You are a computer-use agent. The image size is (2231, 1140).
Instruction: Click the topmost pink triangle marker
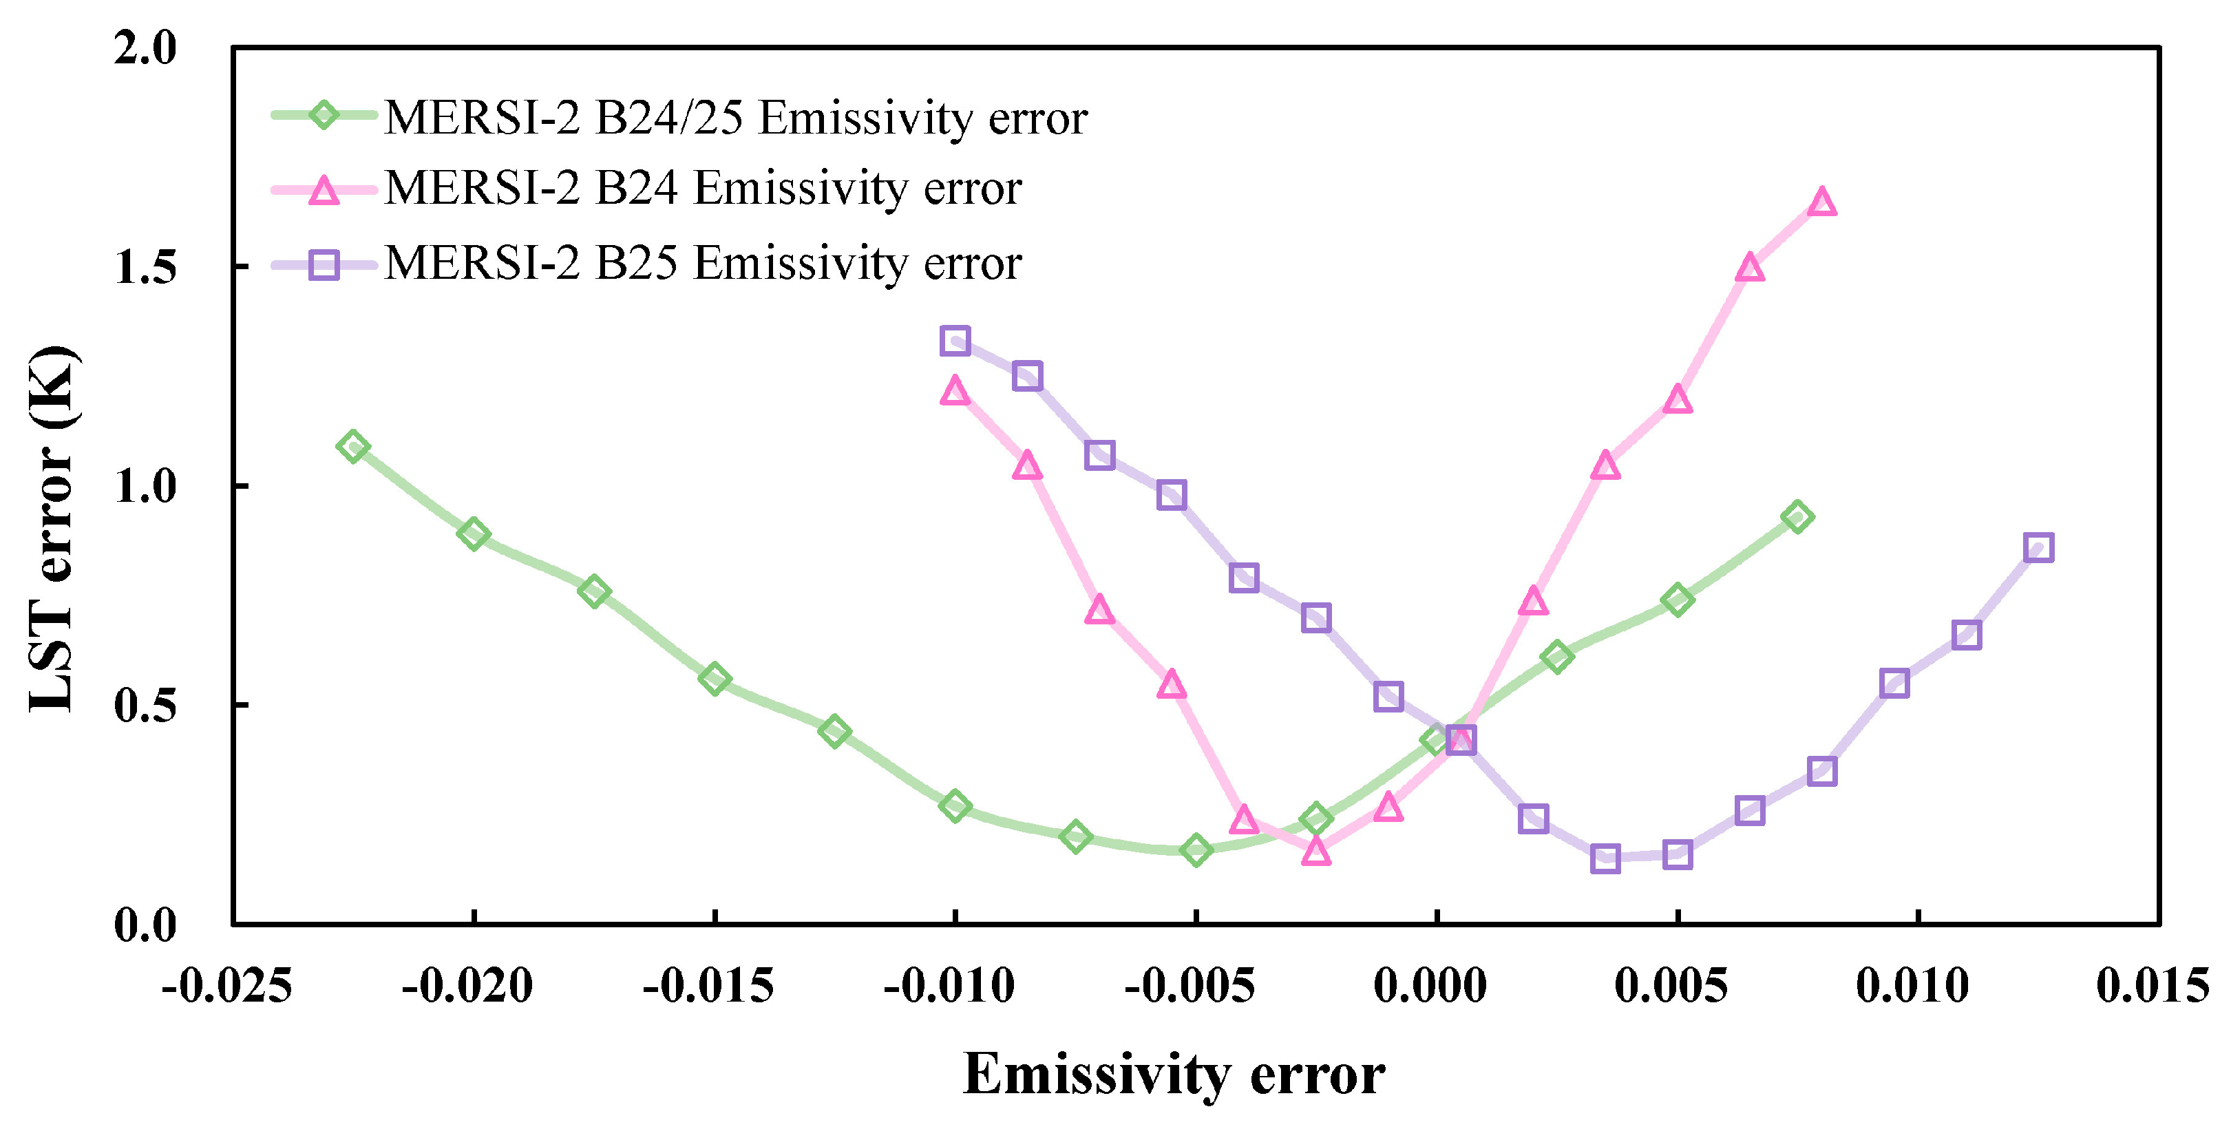tap(1822, 202)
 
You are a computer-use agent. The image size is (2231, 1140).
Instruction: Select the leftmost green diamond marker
tap(352, 447)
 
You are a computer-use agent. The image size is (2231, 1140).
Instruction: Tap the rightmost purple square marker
tap(2039, 547)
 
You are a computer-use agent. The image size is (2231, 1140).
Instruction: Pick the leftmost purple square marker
tap(954, 341)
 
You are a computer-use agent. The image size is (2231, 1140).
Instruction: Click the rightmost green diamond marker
tap(1798, 517)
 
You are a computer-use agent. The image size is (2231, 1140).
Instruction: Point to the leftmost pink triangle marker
tap(954, 392)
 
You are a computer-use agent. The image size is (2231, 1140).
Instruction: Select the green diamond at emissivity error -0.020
tap(473, 534)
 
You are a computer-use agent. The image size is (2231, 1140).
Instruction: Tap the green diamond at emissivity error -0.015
tap(715, 679)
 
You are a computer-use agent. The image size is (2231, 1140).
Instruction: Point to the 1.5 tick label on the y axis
tap(145, 267)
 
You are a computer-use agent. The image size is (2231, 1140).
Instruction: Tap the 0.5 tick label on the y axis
tap(145, 705)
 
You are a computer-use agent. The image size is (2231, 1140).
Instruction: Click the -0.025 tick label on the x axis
tap(227, 986)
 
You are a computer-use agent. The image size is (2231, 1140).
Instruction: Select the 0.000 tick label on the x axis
tap(1430, 986)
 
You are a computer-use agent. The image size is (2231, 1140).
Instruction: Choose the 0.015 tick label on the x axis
tap(2153, 986)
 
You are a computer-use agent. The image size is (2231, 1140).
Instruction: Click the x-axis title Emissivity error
tap(1174, 1075)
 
